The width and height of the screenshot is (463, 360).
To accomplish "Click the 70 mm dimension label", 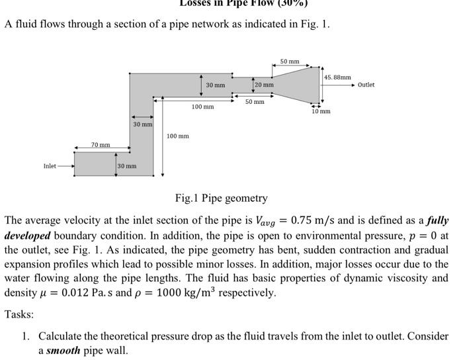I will (x=101, y=144).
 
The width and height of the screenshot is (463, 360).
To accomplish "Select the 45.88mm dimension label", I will (x=337, y=77).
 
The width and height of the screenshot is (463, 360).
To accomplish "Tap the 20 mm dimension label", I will (x=264, y=85).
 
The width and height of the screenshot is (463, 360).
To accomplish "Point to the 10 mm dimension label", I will (x=321, y=111).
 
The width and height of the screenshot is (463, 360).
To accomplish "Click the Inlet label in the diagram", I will (x=50, y=165).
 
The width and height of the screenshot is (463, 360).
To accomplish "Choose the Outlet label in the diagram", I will (x=366, y=85).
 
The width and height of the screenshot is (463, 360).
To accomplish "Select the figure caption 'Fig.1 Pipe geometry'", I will (x=222, y=198).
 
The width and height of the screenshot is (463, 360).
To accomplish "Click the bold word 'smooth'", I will (x=63, y=350).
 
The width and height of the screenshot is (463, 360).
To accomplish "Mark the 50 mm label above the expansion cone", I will (x=290, y=62).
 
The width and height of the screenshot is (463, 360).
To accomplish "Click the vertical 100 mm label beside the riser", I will (x=178, y=136).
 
